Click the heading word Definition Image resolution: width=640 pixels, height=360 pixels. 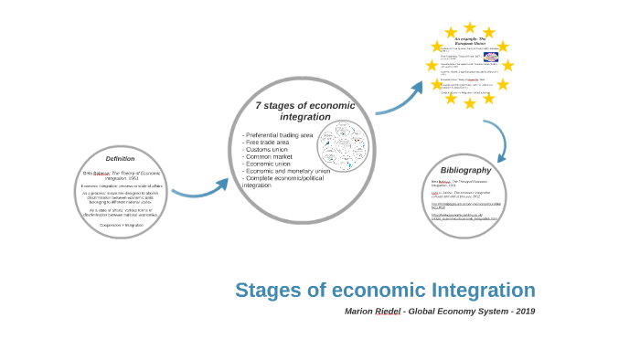click(x=120, y=159)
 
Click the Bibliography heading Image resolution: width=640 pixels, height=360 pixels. click(x=465, y=170)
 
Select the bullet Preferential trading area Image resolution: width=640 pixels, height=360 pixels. click(x=279, y=135)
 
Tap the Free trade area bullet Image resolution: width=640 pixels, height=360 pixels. click(x=267, y=143)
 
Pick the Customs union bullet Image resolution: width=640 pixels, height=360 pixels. click(x=268, y=150)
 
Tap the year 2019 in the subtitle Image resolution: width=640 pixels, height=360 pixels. click(x=525, y=312)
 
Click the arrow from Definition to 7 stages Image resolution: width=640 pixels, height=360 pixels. click(x=199, y=190)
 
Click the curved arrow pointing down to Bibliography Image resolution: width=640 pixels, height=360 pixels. click(x=496, y=137)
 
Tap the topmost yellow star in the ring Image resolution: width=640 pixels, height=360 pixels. click(x=470, y=27)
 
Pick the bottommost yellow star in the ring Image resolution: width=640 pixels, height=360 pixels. click(x=470, y=103)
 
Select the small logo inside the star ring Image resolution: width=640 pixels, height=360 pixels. click(x=491, y=58)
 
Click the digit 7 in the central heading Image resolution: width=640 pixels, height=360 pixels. click(x=259, y=105)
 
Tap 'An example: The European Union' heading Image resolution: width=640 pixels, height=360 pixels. click(x=470, y=41)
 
